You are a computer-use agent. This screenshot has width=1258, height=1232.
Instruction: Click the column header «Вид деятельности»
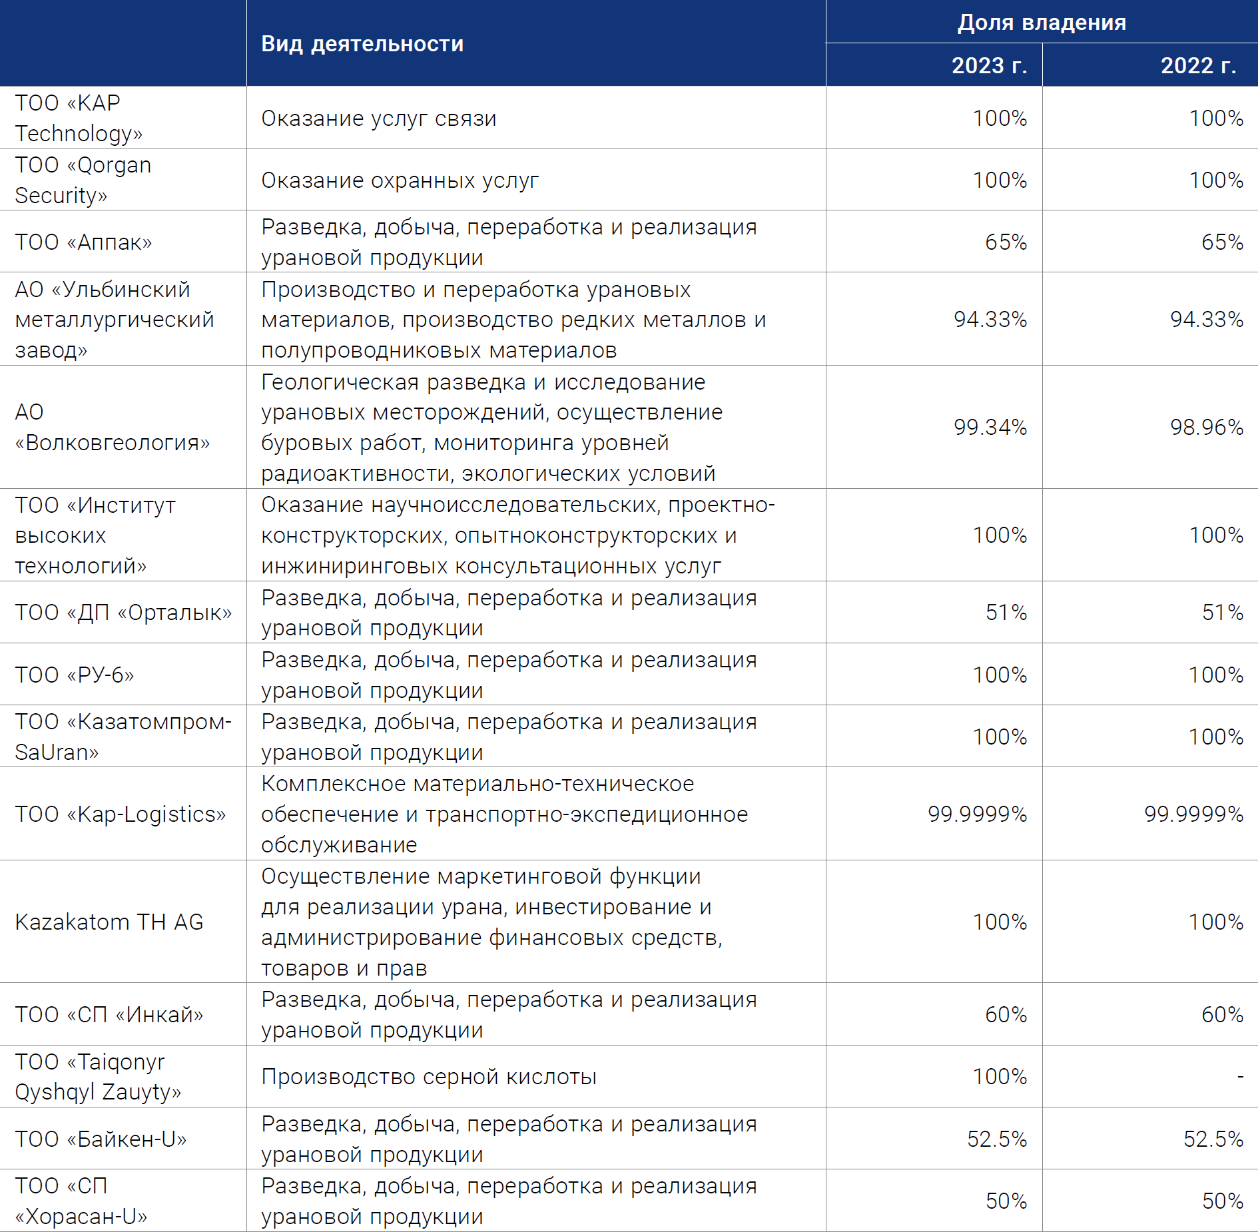click(362, 44)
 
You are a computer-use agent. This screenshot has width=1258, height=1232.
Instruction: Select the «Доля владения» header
click(1042, 23)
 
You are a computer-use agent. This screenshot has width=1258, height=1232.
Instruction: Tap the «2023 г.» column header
click(989, 65)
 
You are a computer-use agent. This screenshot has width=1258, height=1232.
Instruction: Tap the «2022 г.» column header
click(1198, 65)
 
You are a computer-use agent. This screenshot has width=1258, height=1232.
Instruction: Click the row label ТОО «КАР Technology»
click(79, 118)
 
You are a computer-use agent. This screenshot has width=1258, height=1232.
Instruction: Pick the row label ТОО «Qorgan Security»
click(83, 180)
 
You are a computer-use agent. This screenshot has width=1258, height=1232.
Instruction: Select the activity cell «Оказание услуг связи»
click(379, 119)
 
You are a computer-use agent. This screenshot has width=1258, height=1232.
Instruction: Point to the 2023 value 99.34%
click(990, 427)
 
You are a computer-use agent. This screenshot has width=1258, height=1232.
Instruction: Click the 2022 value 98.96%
click(1207, 427)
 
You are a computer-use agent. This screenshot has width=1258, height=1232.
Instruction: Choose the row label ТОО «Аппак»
click(83, 242)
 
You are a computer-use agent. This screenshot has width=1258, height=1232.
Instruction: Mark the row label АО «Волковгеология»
click(112, 427)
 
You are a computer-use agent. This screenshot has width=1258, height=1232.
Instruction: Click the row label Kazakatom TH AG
click(109, 922)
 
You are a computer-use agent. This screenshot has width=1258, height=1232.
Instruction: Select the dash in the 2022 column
click(1240, 1076)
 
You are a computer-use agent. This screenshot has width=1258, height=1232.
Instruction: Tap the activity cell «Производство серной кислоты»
click(429, 1077)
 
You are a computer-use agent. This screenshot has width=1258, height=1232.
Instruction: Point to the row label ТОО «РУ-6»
click(75, 675)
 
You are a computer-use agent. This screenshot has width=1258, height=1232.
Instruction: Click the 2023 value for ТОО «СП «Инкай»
click(1006, 1014)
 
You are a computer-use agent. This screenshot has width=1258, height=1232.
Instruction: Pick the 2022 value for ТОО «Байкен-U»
click(1213, 1139)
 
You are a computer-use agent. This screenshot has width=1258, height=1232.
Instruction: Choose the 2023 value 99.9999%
click(978, 814)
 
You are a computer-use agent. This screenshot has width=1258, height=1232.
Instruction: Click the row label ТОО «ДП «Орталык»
click(123, 612)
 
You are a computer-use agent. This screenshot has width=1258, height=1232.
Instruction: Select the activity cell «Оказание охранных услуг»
click(400, 180)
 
